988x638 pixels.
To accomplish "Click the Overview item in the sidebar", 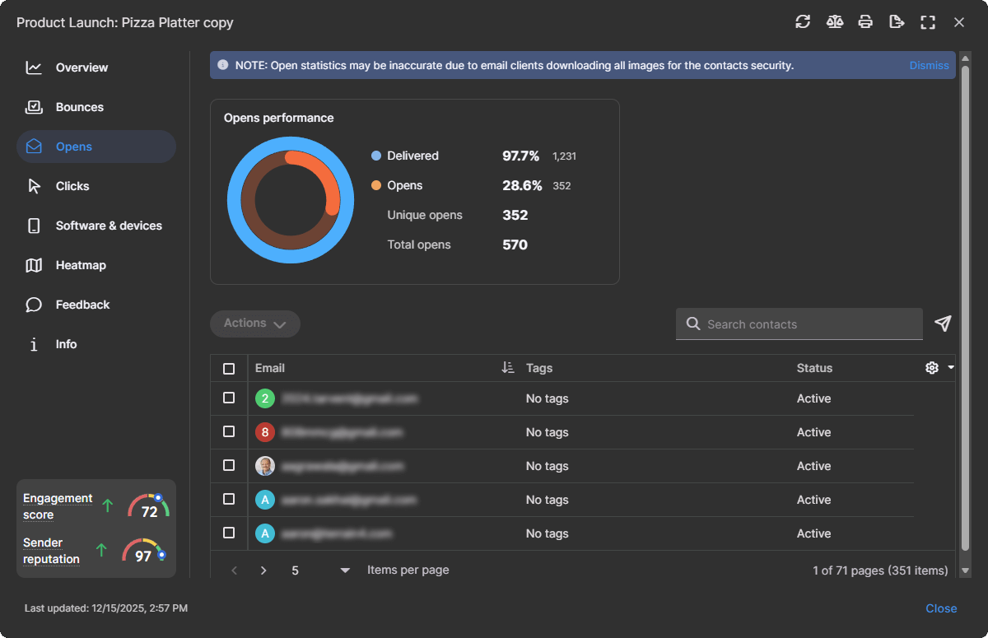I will click(82, 68).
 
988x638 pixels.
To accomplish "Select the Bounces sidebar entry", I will click(79, 107).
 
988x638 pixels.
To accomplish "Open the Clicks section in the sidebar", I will click(72, 186).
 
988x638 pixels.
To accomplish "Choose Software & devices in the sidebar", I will click(109, 226).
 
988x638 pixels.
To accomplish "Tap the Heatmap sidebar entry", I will click(81, 265).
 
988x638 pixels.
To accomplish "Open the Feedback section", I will click(82, 305).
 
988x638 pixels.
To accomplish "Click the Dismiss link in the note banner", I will click(929, 66).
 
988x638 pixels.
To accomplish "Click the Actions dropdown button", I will click(255, 324).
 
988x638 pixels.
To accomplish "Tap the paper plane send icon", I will click(944, 324).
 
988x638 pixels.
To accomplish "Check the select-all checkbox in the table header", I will click(229, 369).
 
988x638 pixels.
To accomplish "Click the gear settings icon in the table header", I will click(932, 368).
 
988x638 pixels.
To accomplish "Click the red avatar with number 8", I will click(264, 432).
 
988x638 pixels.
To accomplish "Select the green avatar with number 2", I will click(264, 398).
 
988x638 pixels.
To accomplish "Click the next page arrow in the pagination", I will click(263, 570).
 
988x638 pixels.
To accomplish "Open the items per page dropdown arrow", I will click(345, 570).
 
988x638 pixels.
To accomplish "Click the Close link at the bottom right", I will click(941, 608).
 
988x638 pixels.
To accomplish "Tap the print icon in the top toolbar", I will click(865, 22).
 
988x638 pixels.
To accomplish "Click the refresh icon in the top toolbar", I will click(803, 22).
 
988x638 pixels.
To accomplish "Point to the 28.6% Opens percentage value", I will click(522, 186).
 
